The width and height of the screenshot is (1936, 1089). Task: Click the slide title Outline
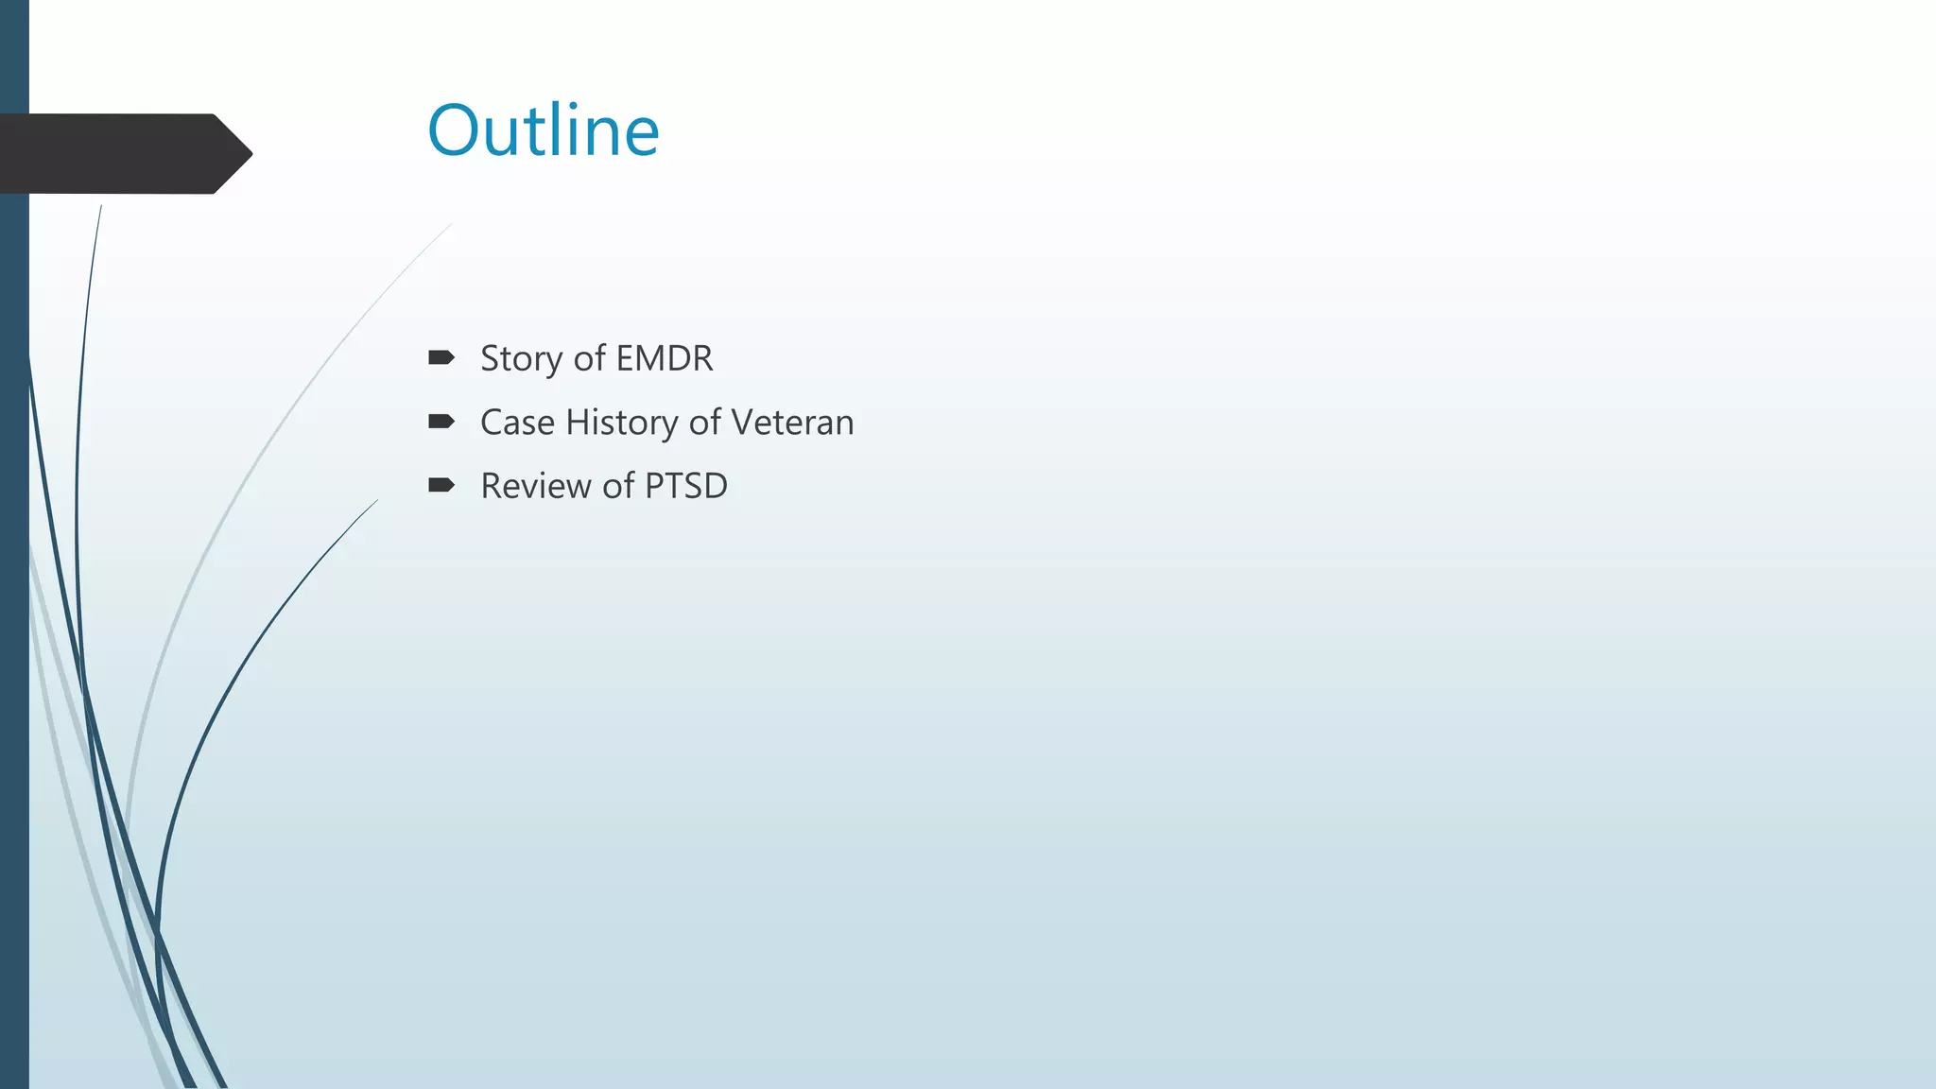[543, 130]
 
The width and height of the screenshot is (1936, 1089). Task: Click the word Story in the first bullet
[521, 359]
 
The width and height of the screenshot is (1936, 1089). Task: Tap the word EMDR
[664, 358]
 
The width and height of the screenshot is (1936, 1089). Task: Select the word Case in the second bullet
[516, 423]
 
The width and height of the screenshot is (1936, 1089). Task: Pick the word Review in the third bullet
[536, 486]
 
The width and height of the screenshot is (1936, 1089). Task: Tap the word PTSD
[685, 486]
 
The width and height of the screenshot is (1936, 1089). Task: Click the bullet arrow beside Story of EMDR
[441, 357]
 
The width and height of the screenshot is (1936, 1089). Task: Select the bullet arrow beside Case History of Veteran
[441, 422]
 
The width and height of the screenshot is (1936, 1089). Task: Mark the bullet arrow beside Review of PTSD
[441, 486]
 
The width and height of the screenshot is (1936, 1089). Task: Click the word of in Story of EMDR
[589, 358]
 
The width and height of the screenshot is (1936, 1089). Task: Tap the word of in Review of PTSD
[618, 486]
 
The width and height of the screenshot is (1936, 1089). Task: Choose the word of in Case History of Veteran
[704, 423]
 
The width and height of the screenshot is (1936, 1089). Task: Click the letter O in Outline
[457, 130]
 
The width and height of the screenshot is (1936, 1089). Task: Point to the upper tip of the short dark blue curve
[375, 502]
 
